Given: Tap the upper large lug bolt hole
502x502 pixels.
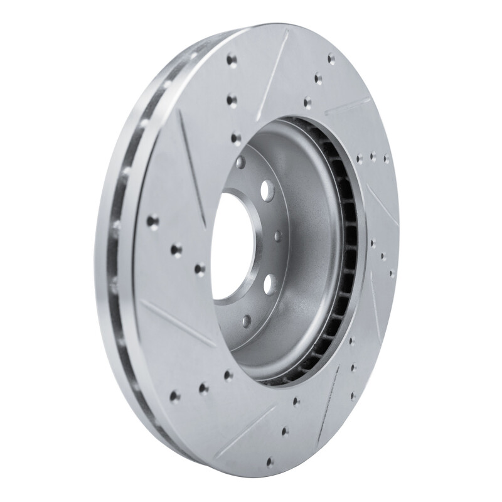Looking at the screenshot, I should click(x=265, y=188).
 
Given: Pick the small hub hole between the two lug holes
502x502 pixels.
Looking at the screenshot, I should click(x=277, y=237).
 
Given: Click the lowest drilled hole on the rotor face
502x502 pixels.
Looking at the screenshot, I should click(x=270, y=462).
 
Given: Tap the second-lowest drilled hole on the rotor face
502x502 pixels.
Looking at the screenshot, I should click(x=286, y=431).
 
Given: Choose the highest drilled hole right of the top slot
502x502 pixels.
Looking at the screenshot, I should click(x=331, y=60).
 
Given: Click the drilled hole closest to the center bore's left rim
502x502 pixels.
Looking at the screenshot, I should click(x=200, y=269).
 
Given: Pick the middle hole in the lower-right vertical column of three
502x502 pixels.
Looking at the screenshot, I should click(x=355, y=368).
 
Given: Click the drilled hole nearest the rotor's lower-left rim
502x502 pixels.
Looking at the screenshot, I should click(x=175, y=396).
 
